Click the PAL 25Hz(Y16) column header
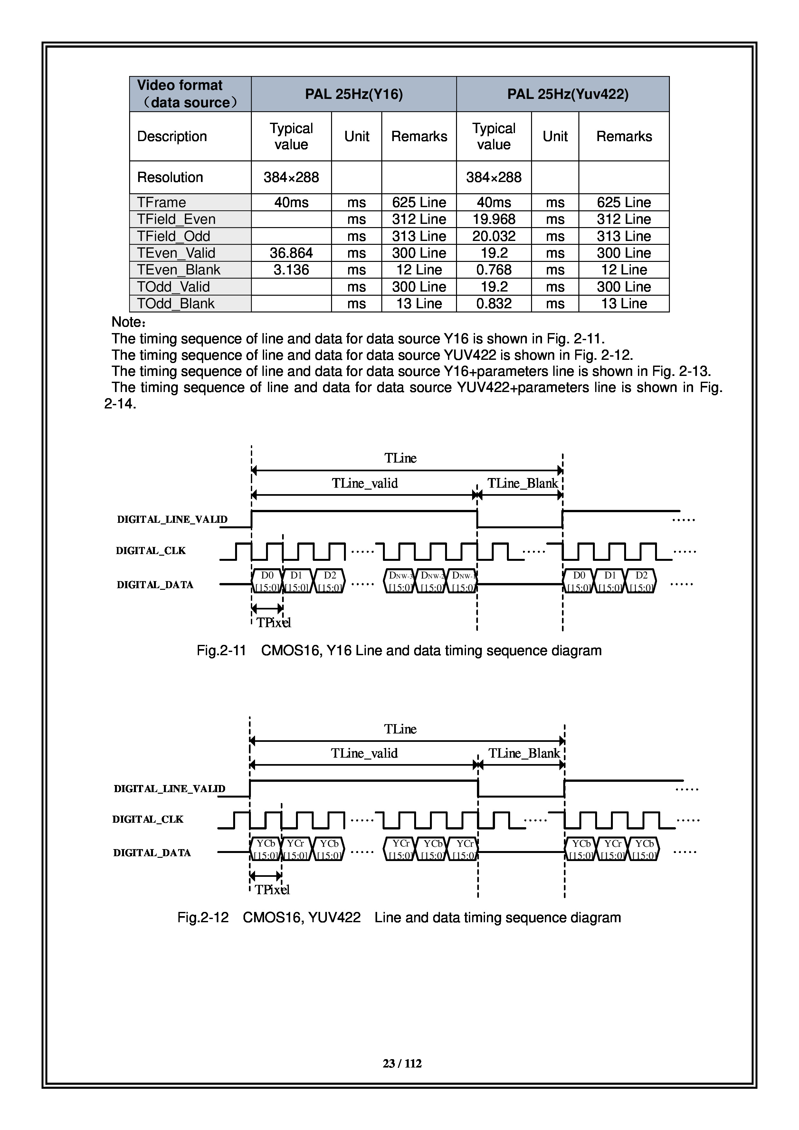[354, 94]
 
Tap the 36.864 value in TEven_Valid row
[291, 253]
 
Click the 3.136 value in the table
[291, 270]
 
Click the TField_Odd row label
[173, 236]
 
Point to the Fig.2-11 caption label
[221, 651]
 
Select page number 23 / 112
[402, 1064]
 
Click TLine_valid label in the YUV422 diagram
[364, 753]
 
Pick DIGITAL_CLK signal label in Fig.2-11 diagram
[150, 551]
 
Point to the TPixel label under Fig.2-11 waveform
[273, 623]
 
